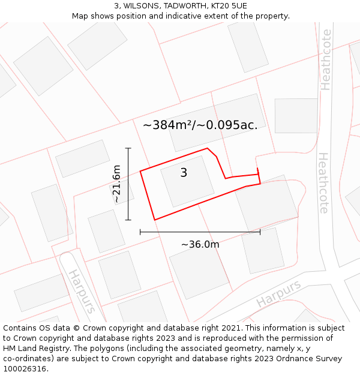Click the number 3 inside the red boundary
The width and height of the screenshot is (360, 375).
pos(184,173)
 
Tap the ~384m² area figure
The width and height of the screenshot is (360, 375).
pos(167,125)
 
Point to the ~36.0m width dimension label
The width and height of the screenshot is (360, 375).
pos(200,244)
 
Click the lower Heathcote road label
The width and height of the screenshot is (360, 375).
pos(323,183)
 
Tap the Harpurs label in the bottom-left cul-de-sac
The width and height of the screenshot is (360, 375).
pos(81,291)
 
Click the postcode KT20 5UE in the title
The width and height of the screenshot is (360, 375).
pos(229,6)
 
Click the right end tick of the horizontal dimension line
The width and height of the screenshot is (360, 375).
pos(260,232)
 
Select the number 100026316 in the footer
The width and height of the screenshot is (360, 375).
pos(24,368)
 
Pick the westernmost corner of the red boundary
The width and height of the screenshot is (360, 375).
pos(140,172)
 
